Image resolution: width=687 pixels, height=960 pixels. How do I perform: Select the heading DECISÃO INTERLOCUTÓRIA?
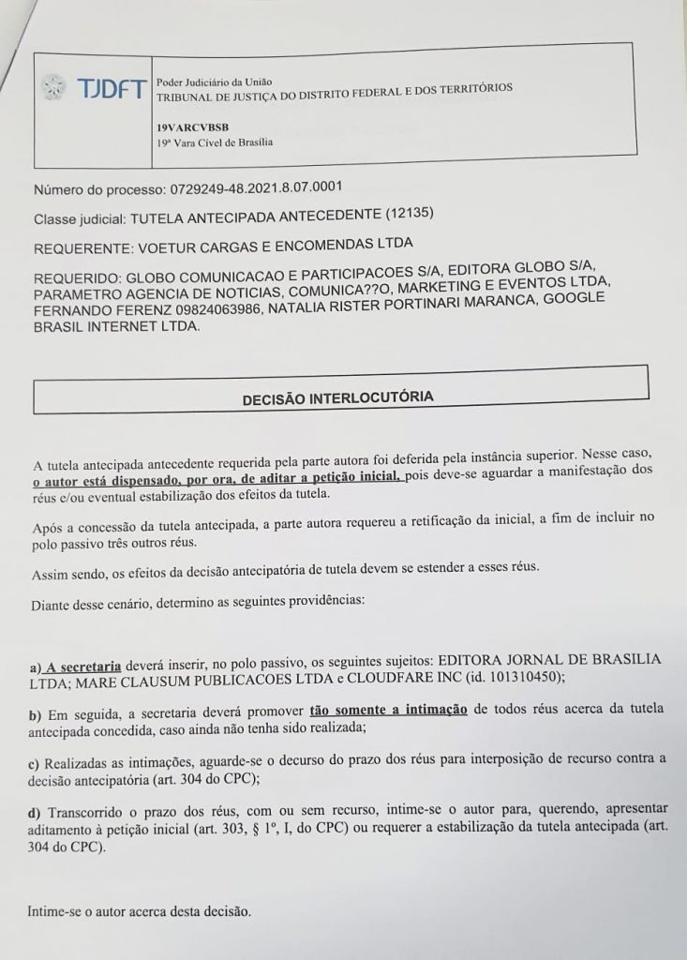[x=337, y=397]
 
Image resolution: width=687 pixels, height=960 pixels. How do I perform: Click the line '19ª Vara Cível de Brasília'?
[x=215, y=142]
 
